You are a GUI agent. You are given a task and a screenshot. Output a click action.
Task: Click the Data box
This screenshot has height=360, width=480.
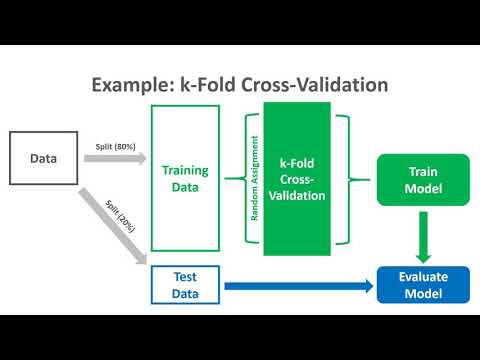coord(43,158)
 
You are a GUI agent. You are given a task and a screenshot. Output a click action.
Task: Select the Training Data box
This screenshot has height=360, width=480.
coord(185,178)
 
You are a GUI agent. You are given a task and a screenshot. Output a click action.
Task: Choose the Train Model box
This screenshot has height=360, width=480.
coord(421,179)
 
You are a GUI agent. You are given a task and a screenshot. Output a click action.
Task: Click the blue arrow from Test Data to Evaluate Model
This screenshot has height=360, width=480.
coord(300,287)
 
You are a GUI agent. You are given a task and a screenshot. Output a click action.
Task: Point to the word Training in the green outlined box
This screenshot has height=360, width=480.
coord(185,170)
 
